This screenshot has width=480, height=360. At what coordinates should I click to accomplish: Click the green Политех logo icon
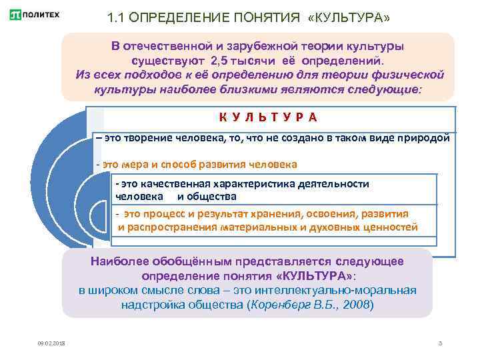click(x=15, y=15)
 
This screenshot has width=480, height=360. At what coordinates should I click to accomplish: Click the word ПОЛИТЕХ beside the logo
click(x=40, y=15)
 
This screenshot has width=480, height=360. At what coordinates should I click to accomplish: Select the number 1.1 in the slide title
click(x=117, y=17)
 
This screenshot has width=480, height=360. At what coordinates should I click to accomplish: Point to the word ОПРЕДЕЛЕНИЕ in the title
click(x=175, y=17)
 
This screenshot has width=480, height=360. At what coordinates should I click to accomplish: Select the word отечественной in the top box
click(x=169, y=46)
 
